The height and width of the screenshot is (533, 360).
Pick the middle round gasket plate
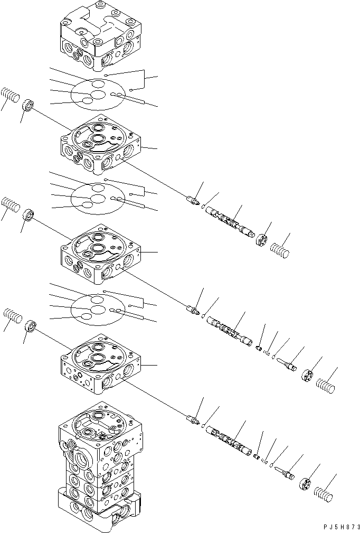tap(98, 199)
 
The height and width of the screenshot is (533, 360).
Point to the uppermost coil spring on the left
tap(10, 96)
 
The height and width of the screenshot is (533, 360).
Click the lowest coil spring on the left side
tap(13, 317)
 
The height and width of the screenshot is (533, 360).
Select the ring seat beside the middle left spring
tap(29, 216)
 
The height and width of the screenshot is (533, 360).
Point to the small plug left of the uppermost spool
tap(193, 201)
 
